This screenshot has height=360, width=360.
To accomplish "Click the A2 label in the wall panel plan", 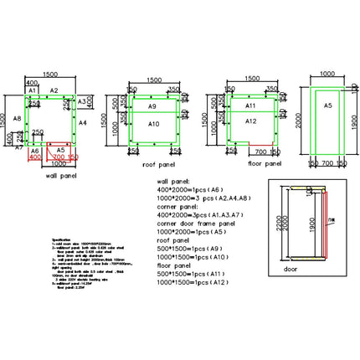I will coord(54,89).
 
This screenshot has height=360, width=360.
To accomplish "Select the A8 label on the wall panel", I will coord(18,120).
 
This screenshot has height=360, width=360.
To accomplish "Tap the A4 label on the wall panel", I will coord(82,122).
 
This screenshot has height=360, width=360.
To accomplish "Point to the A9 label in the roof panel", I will coord(152,107).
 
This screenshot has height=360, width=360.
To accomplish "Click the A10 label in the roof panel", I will coord(153,123).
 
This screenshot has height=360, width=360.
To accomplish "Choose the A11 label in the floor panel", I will coord(250,106).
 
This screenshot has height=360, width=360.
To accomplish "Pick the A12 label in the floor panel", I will coord(250,121).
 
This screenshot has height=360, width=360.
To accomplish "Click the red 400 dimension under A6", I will coord(35,157).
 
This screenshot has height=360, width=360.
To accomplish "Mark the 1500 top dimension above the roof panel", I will coord(153,80).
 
